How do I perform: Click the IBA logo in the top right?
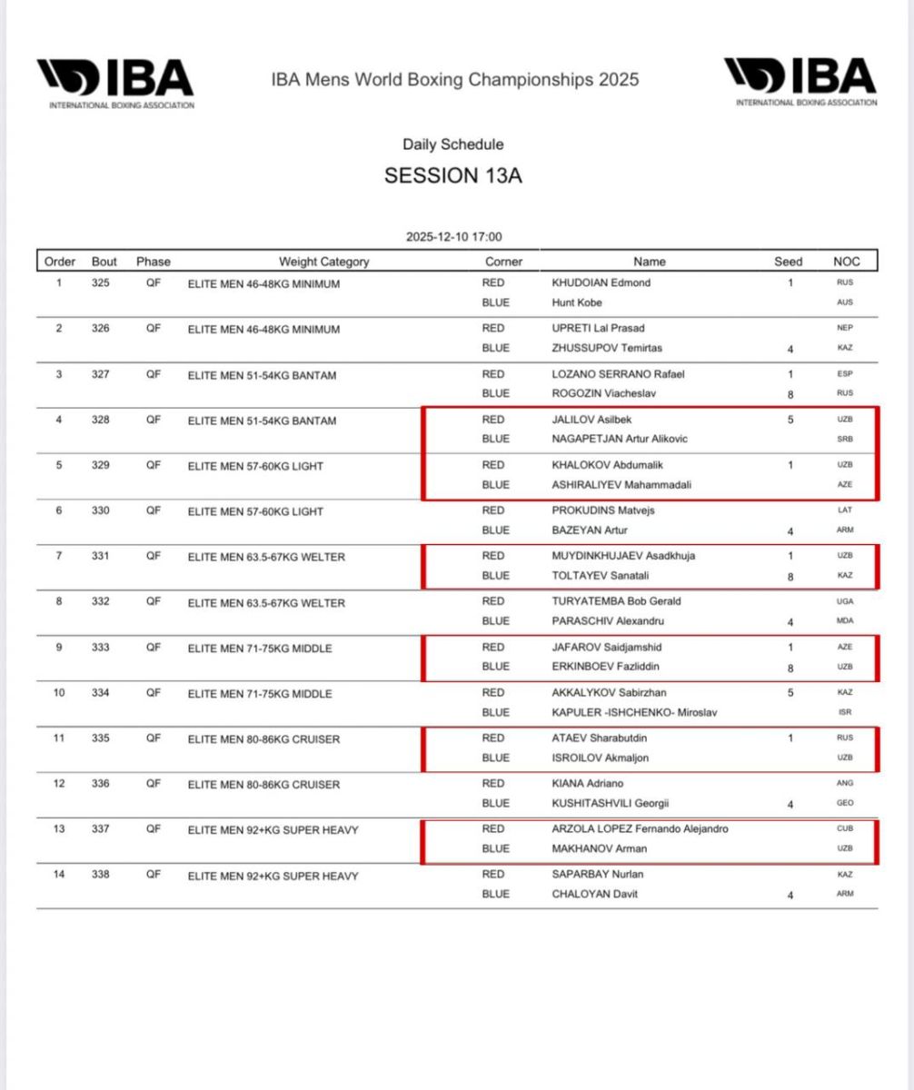click(800, 82)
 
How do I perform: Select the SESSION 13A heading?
click(453, 175)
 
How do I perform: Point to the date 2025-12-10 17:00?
click(453, 237)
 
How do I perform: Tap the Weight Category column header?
click(323, 262)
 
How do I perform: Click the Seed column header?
click(788, 262)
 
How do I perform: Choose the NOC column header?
click(846, 262)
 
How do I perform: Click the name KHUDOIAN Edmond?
click(601, 282)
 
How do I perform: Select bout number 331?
click(104, 556)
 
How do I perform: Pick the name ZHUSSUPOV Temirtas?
click(607, 348)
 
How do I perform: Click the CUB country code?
click(845, 828)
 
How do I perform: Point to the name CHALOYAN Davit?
click(595, 894)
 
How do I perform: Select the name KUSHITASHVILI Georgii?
click(613, 803)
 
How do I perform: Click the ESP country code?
click(845, 373)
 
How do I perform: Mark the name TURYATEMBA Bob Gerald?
click(616, 601)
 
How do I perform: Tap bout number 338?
click(104, 875)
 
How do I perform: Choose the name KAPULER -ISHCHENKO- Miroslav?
click(634, 712)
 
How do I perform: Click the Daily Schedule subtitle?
click(453, 144)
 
